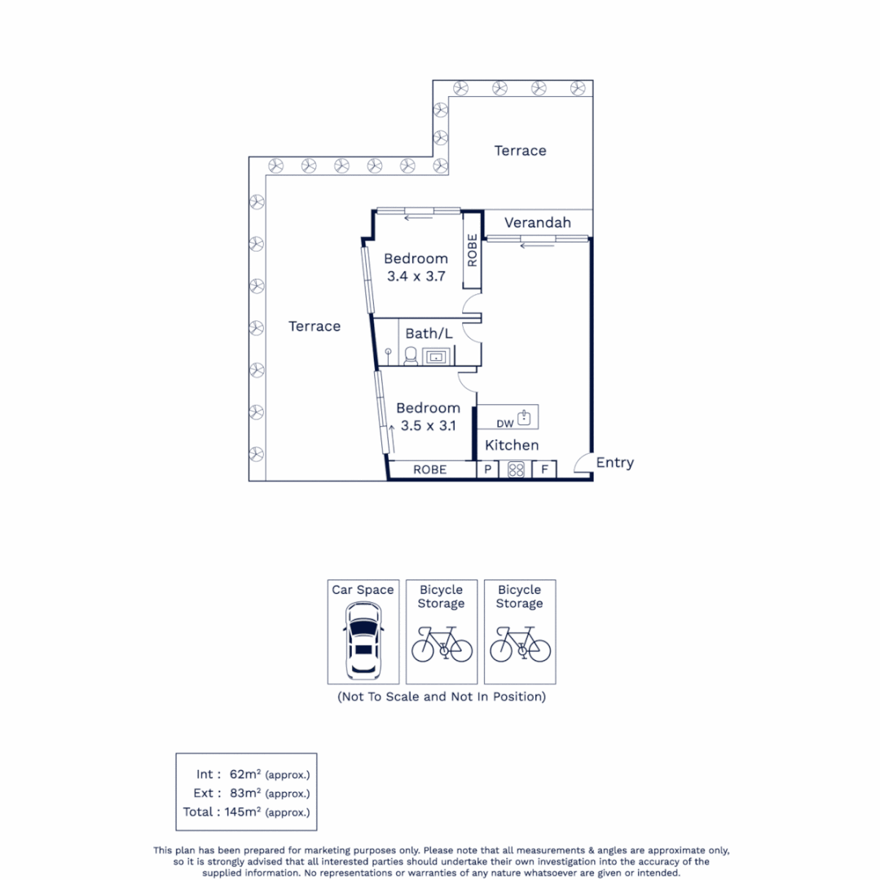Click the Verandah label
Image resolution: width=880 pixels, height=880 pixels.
click(536, 222)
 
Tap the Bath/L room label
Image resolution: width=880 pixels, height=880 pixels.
click(429, 332)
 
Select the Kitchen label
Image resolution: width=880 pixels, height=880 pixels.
click(512, 445)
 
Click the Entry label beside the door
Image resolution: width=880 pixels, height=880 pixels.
click(614, 463)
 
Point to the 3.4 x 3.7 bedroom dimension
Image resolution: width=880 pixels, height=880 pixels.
click(416, 276)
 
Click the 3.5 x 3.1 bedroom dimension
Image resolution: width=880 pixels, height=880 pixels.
click(428, 425)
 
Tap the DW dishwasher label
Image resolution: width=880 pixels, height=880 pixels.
click(504, 424)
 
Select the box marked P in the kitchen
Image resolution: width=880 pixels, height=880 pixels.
click(487, 469)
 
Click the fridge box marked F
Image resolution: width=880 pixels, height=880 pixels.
click(544, 469)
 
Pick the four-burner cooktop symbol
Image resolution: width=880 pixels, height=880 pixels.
click(516, 469)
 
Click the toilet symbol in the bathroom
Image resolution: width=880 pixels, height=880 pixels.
click(411, 355)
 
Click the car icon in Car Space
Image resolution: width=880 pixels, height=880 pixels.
click(363, 640)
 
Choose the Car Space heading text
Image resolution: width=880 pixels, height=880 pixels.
click(363, 590)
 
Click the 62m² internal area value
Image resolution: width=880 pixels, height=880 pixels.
click(244, 774)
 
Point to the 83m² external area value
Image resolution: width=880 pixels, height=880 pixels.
click(244, 793)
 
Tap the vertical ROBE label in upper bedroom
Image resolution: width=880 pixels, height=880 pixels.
click(472, 250)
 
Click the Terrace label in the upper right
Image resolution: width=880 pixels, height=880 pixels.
click(520, 151)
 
